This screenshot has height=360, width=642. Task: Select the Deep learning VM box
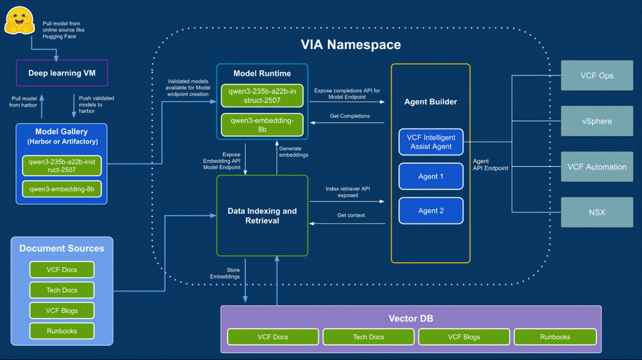pos(61,73)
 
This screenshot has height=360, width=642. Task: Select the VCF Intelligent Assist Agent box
pos(431,142)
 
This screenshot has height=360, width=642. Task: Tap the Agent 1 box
pos(431,176)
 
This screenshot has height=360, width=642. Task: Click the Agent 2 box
pos(431,211)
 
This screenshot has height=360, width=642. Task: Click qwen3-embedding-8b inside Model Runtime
pos(262,124)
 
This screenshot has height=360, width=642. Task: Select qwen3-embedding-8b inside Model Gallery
pos(61,189)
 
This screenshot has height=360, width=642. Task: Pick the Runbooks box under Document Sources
pos(62,331)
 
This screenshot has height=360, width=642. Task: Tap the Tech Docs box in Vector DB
pos(368,337)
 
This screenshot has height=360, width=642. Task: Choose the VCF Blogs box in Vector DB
pos(464,337)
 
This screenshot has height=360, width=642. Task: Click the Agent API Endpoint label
pos(490,164)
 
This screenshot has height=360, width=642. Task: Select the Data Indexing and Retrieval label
pos(262,215)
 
